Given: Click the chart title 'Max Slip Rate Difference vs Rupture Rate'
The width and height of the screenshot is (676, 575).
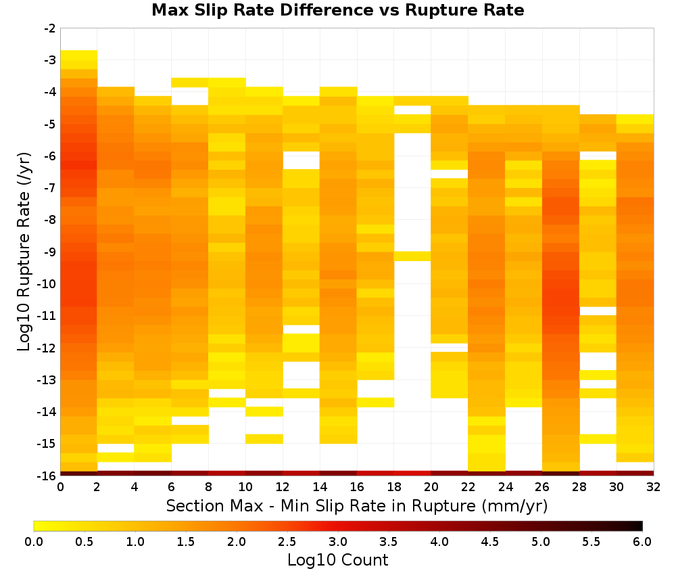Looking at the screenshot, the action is click(x=337, y=10).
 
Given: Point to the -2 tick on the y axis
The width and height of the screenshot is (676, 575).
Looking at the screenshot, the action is click(x=50, y=28).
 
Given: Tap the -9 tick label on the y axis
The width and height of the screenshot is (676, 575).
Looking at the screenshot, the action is click(x=50, y=252).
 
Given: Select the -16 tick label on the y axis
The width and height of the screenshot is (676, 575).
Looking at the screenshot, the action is click(x=47, y=476).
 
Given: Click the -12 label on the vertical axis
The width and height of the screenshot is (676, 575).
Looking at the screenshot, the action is click(x=47, y=348).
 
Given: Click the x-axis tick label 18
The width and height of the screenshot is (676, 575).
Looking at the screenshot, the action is click(x=394, y=487).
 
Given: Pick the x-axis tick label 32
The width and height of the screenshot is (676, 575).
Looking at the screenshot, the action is click(x=654, y=487).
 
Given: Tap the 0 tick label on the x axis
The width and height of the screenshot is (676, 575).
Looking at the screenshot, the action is click(x=60, y=487).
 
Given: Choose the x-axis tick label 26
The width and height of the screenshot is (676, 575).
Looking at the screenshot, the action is click(x=542, y=487).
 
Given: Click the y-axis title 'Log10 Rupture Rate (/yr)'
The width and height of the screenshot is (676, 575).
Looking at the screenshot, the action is click(x=24, y=252).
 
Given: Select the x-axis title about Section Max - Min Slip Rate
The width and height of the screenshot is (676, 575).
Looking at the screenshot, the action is click(x=357, y=505).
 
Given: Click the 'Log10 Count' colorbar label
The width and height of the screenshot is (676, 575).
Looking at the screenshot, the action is click(x=337, y=560).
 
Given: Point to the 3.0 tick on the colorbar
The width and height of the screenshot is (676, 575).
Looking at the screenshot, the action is click(x=338, y=542).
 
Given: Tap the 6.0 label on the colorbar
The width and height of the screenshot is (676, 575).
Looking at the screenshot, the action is click(x=642, y=542).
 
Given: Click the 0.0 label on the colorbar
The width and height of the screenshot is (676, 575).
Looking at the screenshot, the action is click(x=34, y=542).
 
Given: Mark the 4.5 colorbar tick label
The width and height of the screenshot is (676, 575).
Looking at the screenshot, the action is click(x=490, y=542).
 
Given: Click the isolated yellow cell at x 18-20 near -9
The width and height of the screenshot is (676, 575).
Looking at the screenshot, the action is click(x=412, y=256).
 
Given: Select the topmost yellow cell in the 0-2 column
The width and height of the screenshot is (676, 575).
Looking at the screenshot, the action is click(x=79, y=55).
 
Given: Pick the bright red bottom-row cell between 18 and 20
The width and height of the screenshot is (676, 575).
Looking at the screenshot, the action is click(x=412, y=474).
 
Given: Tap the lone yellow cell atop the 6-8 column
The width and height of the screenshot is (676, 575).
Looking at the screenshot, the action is click(x=190, y=83).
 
